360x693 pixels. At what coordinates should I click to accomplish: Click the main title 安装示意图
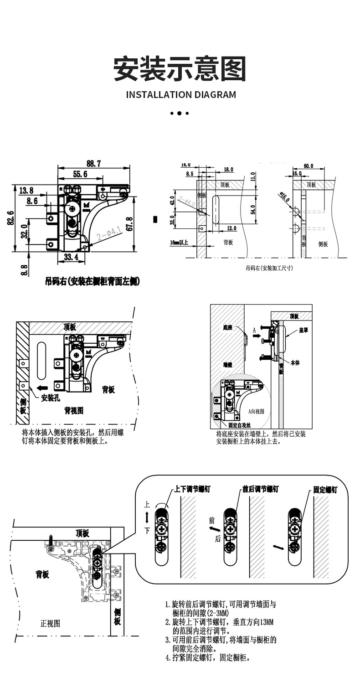[x=180, y=69]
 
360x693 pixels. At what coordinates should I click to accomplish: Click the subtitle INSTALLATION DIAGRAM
[x=181, y=95]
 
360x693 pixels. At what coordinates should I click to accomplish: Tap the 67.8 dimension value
[x=142, y=224]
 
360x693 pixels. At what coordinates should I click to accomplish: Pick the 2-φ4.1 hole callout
[x=108, y=235]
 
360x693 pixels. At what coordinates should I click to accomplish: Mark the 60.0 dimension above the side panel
[x=308, y=166]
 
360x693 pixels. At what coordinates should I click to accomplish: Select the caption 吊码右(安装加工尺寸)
[x=269, y=268]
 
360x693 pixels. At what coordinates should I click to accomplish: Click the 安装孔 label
[x=51, y=398]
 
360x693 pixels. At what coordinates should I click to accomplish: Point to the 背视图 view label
[x=74, y=410]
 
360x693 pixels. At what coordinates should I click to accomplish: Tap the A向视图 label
[x=256, y=411]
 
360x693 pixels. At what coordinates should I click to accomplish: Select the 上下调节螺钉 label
[x=193, y=489]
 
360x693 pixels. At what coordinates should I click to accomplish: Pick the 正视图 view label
[x=50, y=623]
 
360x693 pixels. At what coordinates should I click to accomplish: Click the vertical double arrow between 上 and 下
[x=147, y=517]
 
